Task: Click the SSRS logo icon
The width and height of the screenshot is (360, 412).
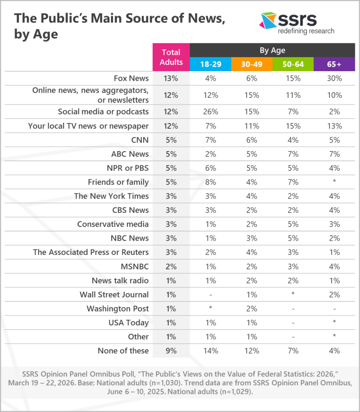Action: click(x=268, y=21)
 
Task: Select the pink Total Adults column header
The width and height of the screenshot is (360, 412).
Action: click(x=171, y=57)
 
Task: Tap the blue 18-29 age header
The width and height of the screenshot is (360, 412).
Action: click(x=210, y=64)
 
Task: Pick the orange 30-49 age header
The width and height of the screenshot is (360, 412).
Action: click(x=252, y=64)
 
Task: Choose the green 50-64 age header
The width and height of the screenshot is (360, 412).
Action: click(x=293, y=64)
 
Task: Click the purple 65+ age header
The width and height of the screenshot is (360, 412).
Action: click(x=334, y=64)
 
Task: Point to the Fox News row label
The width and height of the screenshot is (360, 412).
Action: click(x=131, y=78)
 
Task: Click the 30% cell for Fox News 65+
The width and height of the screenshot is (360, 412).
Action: click(x=334, y=78)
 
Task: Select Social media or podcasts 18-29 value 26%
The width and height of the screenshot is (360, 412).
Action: click(x=210, y=112)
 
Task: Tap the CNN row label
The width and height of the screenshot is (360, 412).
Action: click(x=140, y=140)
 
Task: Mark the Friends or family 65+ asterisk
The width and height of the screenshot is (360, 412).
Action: click(x=334, y=182)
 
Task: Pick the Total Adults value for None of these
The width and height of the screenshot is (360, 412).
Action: click(x=171, y=351)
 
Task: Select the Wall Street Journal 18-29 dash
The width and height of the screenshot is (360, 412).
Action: click(x=210, y=294)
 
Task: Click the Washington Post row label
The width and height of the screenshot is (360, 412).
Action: click(x=118, y=309)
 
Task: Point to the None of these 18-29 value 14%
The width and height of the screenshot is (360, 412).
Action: click(x=210, y=351)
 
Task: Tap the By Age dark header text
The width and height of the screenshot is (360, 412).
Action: click(x=272, y=50)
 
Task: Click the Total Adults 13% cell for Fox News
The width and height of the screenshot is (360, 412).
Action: click(x=171, y=78)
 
